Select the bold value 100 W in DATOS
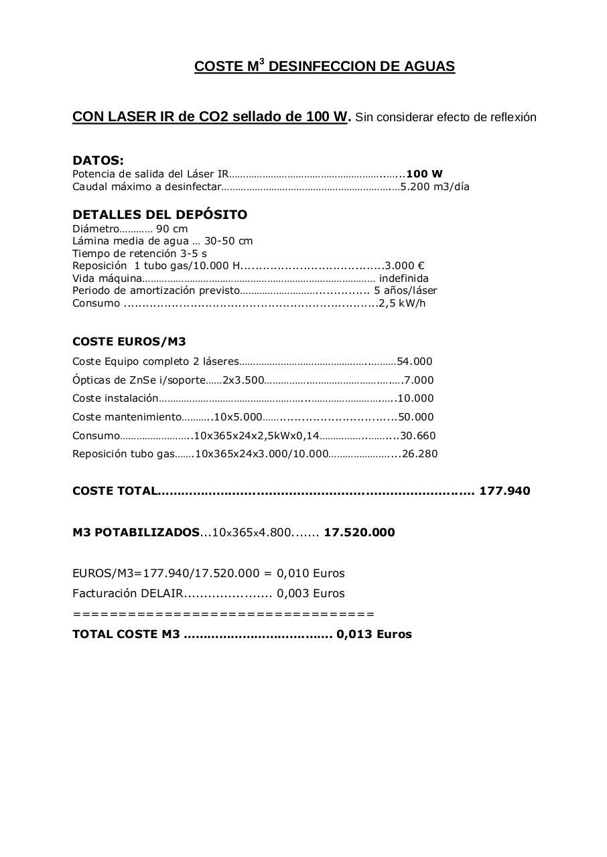424,174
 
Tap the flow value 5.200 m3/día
435,187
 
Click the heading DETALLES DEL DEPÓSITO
159,215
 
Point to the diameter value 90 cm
172,229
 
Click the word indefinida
404,279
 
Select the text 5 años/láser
405,291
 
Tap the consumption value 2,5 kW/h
402,303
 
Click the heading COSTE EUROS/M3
129,341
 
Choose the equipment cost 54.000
415,362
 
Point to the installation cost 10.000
415,398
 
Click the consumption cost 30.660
417,436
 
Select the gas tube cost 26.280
419,454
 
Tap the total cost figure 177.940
504,491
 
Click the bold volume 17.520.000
359,533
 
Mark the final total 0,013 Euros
374,634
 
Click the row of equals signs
223,614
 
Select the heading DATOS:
98,161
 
